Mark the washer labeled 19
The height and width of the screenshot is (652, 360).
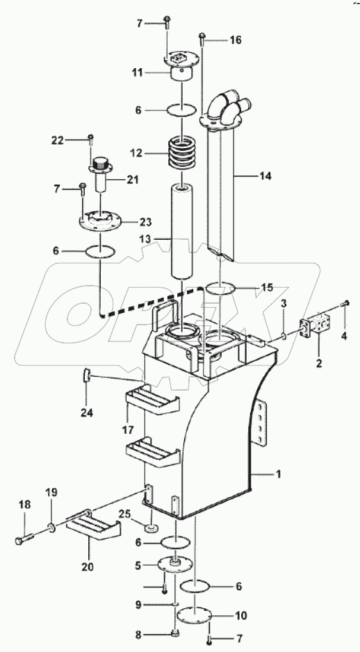pyautogui.click(x=51, y=529)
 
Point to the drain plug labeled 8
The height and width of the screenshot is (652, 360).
pyautogui.click(x=176, y=634)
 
